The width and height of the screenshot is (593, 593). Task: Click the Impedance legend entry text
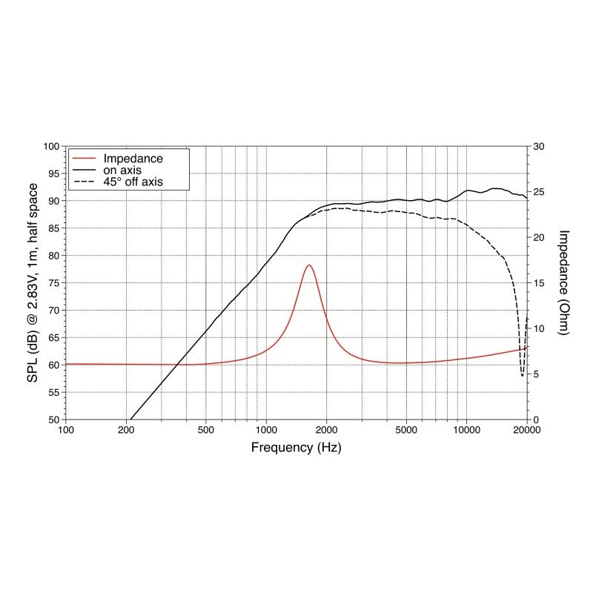coord(133,158)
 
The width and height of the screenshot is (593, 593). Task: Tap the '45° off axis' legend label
coord(133,181)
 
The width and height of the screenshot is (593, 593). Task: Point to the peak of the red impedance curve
coord(308,265)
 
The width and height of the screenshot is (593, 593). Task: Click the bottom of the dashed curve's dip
coord(522,376)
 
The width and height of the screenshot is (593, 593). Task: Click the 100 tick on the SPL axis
coord(52,147)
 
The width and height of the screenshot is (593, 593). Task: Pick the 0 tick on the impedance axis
coord(536,420)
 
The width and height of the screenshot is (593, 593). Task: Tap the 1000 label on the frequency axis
coord(266,431)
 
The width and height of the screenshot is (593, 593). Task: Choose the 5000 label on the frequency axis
coord(405,431)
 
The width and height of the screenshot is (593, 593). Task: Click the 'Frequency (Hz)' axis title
coord(296,447)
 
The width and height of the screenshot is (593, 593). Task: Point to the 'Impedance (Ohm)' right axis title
coord(563,282)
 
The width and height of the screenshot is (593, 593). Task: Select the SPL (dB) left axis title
coord(33,282)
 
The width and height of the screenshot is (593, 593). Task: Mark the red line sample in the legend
coord(84,159)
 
